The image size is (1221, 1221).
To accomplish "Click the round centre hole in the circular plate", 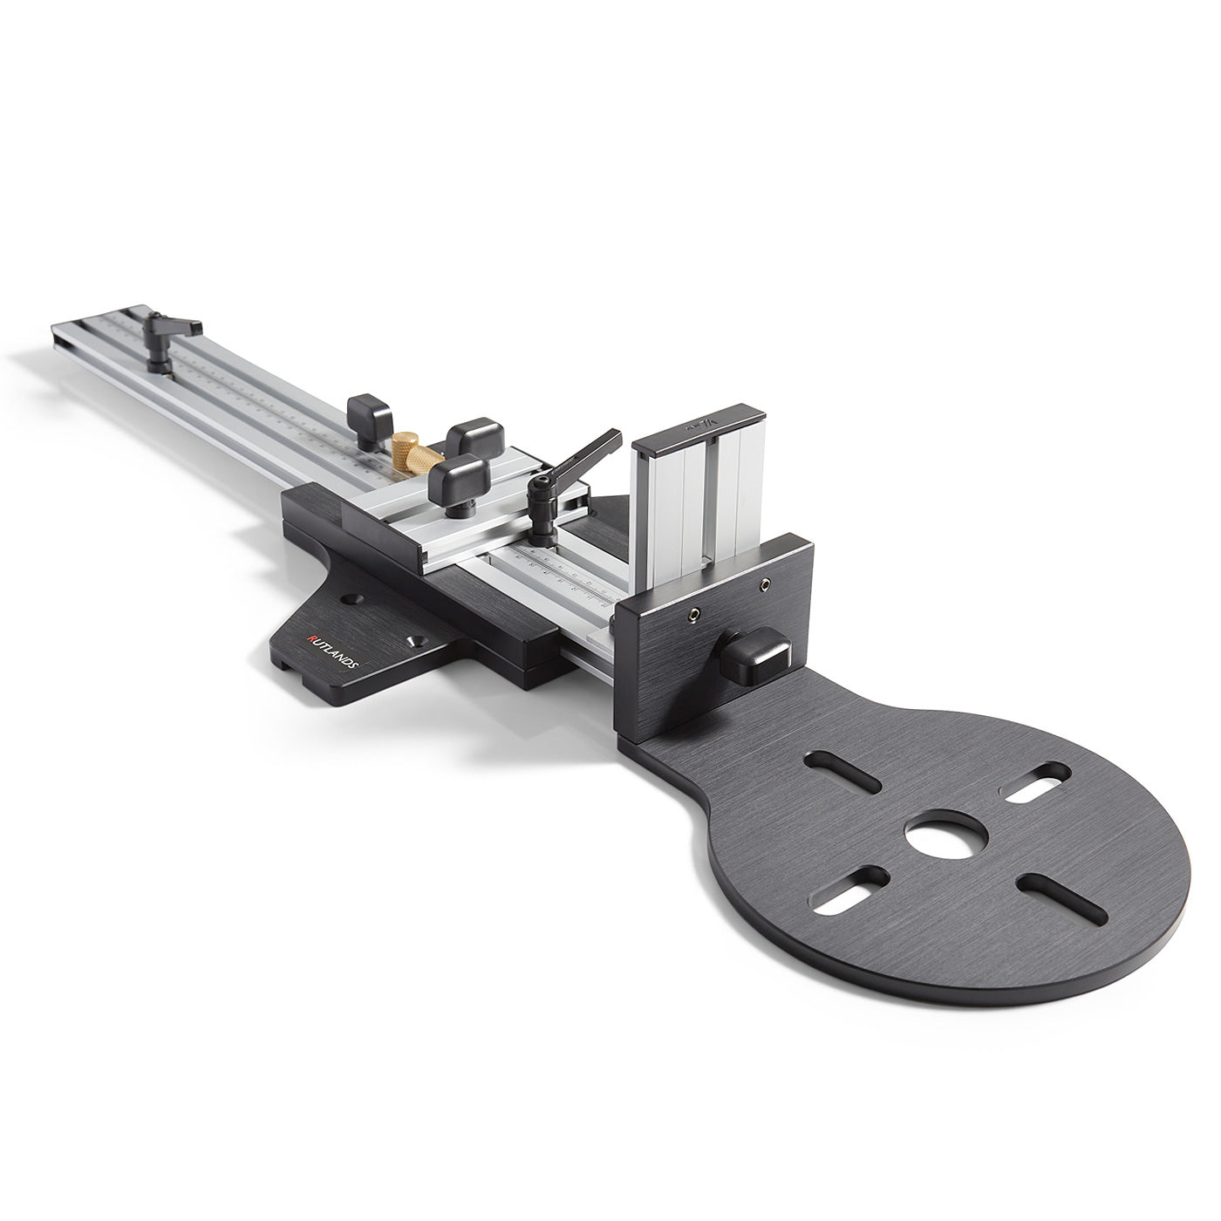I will click(946, 834).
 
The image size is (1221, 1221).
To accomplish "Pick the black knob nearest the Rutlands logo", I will click(459, 481).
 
